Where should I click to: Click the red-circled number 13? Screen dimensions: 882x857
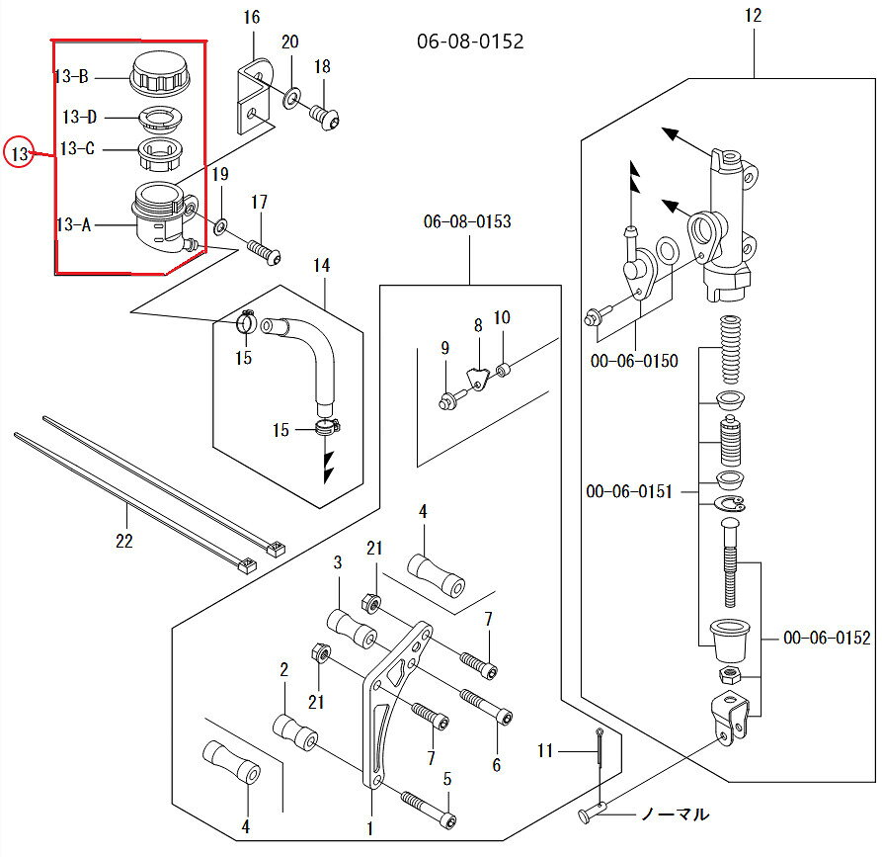click(19, 153)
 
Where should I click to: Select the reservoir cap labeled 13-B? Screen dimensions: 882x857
click(160, 74)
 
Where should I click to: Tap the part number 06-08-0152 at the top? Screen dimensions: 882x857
click(470, 42)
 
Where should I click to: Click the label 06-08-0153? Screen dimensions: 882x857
click(467, 221)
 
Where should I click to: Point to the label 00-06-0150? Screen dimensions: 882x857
click(634, 361)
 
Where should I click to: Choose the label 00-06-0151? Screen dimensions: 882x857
click(629, 491)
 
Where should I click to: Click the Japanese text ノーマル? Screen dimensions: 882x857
click(675, 814)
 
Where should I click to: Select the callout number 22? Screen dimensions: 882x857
click(124, 541)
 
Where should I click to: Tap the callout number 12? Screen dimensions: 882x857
click(754, 15)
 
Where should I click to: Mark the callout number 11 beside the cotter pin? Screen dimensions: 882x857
click(545, 750)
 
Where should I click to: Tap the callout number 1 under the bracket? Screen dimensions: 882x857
click(369, 828)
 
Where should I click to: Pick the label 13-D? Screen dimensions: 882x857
click(79, 117)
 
